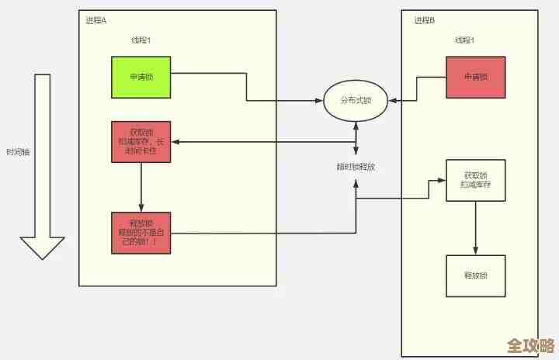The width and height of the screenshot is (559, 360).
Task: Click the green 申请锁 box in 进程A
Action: click(x=140, y=76)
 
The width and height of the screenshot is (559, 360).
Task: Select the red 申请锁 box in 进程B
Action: click(x=475, y=77)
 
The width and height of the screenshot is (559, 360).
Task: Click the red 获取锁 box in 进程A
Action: click(x=141, y=142)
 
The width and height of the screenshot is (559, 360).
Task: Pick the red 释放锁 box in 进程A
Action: click(x=141, y=232)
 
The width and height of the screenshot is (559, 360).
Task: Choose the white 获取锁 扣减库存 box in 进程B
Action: click(x=475, y=180)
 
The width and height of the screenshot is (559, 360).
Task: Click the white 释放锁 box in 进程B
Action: click(x=475, y=275)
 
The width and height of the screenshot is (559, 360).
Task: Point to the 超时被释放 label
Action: click(x=356, y=167)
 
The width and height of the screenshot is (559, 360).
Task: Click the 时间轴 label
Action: click(x=17, y=152)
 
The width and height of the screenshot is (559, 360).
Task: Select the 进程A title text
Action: click(x=96, y=20)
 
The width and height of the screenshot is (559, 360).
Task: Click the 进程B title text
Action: click(x=424, y=20)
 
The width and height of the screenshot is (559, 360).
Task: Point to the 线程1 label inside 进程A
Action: click(x=141, y=40)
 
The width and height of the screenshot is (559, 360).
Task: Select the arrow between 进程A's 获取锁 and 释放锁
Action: click(x=141, y=187)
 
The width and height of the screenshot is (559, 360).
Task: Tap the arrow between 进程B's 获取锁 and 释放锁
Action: click(x=475, y=227)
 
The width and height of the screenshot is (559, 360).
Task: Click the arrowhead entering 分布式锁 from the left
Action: click(x=319, y=101)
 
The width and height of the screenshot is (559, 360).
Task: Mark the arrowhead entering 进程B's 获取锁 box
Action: click(x=443, y=180)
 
